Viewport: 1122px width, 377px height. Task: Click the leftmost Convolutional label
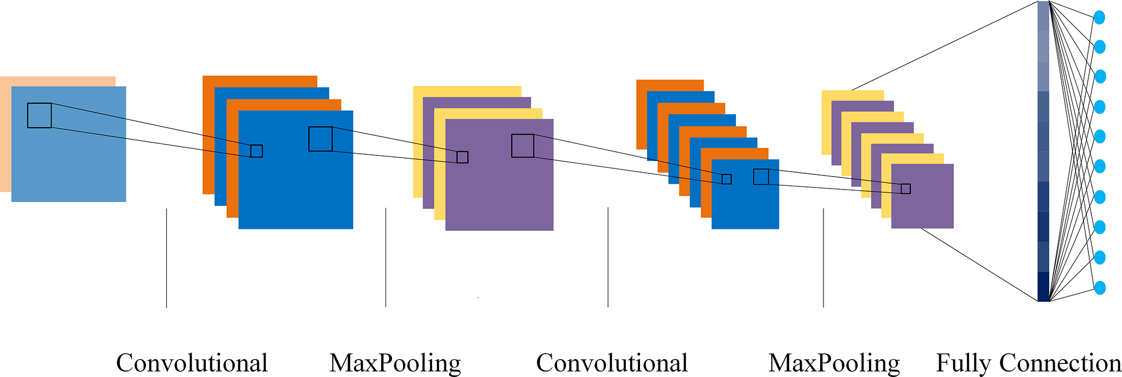point(192,363)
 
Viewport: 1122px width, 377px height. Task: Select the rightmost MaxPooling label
point(834,363)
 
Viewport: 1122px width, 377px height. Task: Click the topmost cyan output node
point(1099,17)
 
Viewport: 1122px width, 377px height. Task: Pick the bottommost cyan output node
point(1100,287)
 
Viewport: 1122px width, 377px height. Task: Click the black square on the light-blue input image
point(40,115)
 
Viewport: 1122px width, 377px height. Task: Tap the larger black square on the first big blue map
point(320,139)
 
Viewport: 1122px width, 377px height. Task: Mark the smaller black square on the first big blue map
point(256,151)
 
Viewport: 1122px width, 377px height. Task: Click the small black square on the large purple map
point(462,157)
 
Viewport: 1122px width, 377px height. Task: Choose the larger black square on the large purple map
point(523,146)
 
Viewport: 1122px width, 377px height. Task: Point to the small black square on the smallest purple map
point(905,188)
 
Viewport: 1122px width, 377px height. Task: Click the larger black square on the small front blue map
point(761,177)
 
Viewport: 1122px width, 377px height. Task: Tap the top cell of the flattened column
point(1043,16)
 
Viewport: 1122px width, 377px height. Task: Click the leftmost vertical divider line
point(167,258)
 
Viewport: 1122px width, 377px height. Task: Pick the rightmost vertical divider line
point(823,258)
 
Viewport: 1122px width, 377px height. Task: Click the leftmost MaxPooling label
point(395,363)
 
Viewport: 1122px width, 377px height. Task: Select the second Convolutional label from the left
point(612,363)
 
